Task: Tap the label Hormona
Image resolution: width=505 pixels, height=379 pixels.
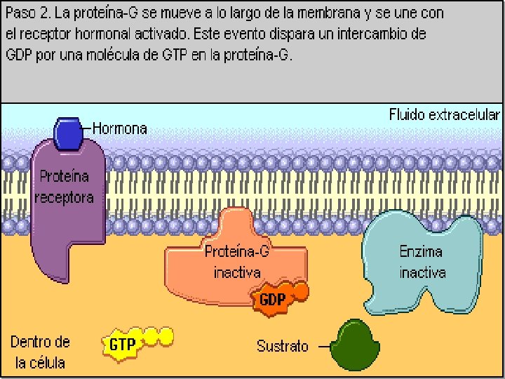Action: pyautogui.click(x=120, y=128)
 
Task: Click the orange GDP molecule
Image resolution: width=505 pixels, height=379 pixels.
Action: pyautogui.click(x=275, y=299)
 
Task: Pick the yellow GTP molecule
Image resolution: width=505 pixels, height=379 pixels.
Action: pyautogui.click(x=126, y=343)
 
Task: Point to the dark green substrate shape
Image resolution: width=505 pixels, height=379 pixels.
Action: pyautogui.click(x=353, y=345)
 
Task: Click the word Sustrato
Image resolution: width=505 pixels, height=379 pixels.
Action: pyautogui.click(x=283, y=346)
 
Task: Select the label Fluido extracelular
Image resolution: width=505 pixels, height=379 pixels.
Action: pyautogui.click(x=445, y=114)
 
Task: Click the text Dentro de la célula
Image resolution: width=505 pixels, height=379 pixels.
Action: pyautogui.click(x=40, y=352)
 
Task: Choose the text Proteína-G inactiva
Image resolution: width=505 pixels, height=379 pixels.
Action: pyautogui.click(x=237, y=262)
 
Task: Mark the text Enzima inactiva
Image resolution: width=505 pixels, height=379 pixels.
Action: pyautogui.click(x=422, y=262)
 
